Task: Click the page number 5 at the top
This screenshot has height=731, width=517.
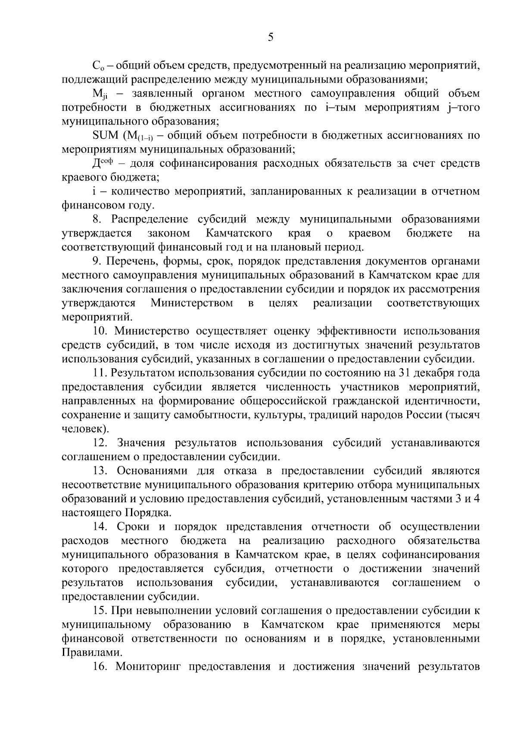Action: [271, 37]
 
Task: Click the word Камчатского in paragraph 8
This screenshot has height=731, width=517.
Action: [239, 233]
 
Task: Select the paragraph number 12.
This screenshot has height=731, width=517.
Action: [99, 443]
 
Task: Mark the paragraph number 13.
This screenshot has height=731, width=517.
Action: [99, 471]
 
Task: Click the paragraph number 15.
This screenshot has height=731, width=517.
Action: [99, 611]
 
